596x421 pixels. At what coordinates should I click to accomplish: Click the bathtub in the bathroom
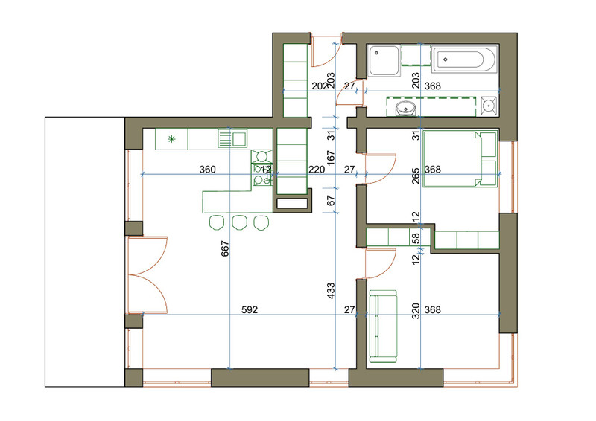click(464, 60)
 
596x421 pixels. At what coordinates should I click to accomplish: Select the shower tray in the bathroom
click(384, 60)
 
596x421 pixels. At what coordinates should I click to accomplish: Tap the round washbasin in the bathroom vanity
click(405, 108)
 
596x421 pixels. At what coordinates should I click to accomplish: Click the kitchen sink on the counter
click(232, 138)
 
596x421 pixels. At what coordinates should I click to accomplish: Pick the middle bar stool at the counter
click(239, 222)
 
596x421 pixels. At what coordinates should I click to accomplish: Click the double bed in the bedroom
click(460, 159)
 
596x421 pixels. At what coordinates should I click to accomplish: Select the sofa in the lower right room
click(383, 327)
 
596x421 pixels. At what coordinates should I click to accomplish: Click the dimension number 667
click(225, 248)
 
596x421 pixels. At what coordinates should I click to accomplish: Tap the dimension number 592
click(250, 309)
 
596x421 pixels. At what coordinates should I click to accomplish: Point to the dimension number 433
click(331, 290)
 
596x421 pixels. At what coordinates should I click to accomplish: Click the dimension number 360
click(208, 170)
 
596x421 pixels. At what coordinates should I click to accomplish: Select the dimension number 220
click(317, 170)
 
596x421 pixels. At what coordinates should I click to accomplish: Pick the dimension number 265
click(416, 176)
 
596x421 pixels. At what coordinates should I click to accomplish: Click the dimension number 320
click(416, 310)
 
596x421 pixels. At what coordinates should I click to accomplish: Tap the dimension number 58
click(416, 239)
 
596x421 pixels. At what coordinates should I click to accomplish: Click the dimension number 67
click(331, 200)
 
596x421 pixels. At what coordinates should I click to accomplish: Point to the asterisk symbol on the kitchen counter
click(172, 139)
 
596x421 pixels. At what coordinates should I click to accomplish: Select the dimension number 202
click(320, 86)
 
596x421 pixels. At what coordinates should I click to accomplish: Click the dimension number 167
click(331, 158)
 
